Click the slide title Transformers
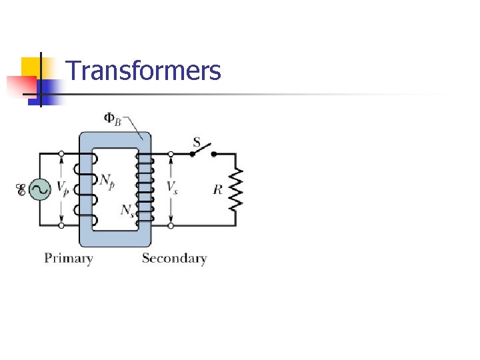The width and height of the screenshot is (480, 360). [143, 70]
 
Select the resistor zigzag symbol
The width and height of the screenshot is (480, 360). [236, 189]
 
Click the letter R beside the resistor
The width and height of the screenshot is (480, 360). [217, 190]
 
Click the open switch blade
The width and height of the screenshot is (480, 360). [203, 149]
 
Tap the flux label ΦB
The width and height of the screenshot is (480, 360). [113, 119]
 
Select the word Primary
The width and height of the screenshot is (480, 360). [68, 259]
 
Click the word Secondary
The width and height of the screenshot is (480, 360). [174, 259]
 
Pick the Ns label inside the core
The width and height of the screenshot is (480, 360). [127, 210]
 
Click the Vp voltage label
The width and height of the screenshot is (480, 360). [62, 189]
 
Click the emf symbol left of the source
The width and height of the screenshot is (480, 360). [21, 191]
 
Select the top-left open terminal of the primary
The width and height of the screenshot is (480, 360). [61, 153]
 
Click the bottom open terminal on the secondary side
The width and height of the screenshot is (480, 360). [171, 225]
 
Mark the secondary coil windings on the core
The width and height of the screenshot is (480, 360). [143, 189]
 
